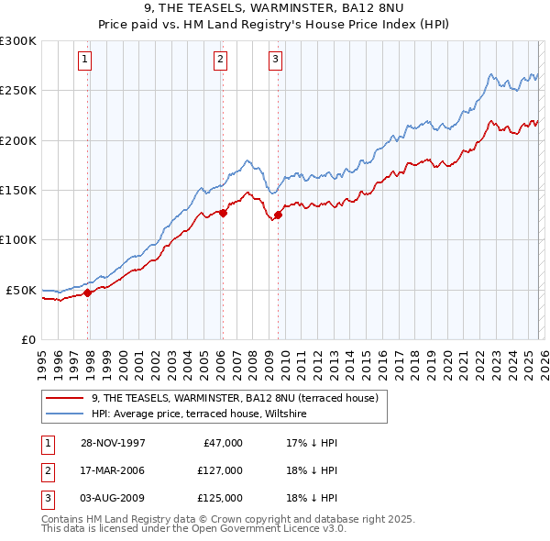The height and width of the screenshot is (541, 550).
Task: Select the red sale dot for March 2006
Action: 223,214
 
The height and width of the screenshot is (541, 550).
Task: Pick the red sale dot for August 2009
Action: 279,215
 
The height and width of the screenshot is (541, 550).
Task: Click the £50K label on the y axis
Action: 22,290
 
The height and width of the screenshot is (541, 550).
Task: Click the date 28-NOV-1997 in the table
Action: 113,443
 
